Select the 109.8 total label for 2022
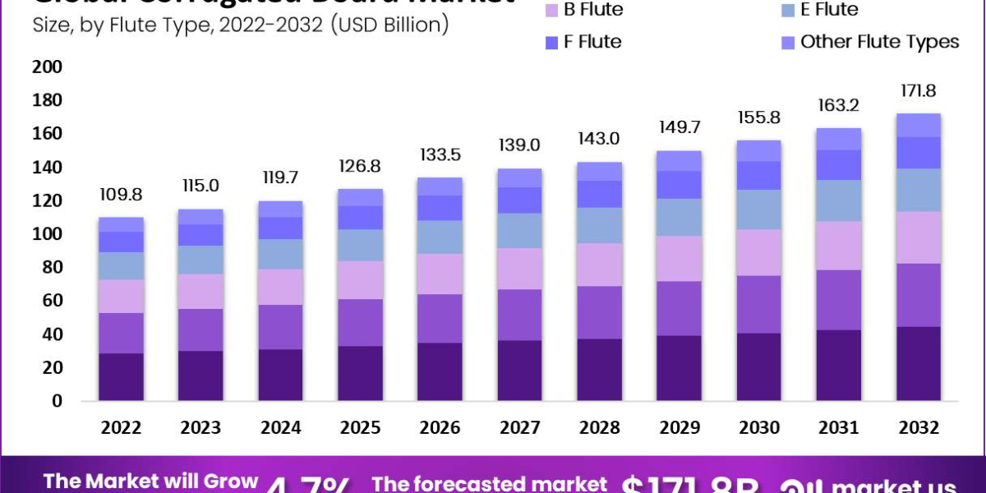121,196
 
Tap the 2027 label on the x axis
519,428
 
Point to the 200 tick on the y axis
47,67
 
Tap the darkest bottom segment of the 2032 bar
918,363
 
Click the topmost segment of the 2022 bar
121,224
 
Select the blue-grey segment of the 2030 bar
758,210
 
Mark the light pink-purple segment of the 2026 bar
440,274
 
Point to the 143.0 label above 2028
599,139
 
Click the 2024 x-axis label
280,428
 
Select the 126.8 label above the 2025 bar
360,167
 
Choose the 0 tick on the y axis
57,402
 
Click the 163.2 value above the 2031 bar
838,105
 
